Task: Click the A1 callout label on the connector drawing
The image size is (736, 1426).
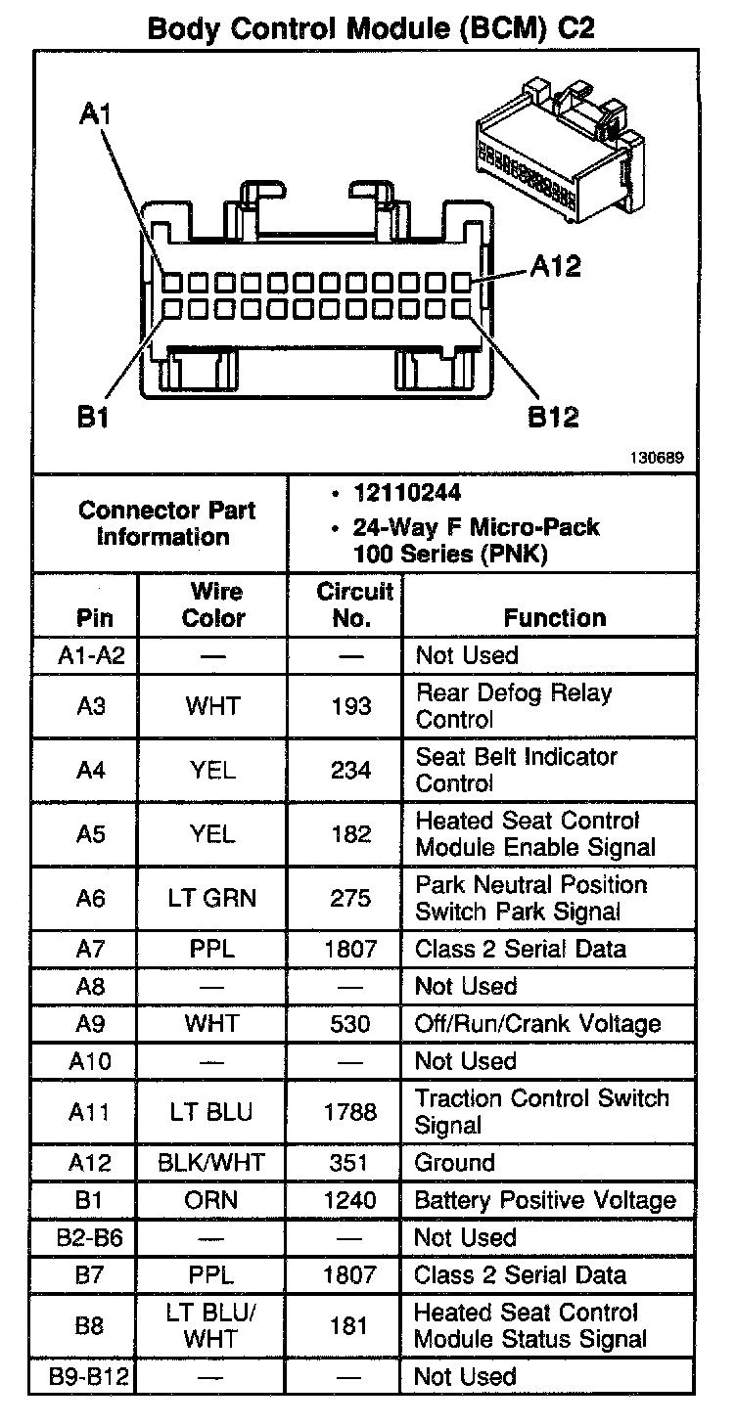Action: (x=95, y=114)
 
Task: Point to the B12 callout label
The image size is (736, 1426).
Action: (x=554, y=417)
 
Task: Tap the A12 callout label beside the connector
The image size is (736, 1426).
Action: (x=555, y=266)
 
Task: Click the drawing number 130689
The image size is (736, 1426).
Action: (x=657, y=456)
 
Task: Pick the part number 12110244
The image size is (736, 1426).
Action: (x=408, y=492)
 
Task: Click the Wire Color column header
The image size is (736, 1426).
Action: (x=214, y=604)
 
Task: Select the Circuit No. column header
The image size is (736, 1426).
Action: (x=353, y=604)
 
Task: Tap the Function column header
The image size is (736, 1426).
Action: (x=555, y=617)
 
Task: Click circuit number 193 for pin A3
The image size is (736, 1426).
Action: (x=351, y=706)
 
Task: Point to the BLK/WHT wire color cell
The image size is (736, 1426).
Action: (x=212, y=1163)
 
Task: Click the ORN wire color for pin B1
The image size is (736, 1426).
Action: (x=212, y=1200)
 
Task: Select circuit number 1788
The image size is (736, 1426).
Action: (x=350, y=1112)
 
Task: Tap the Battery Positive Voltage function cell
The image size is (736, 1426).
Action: (x=545, y=1200)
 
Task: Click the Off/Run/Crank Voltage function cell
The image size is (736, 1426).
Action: (x=538, y=1024)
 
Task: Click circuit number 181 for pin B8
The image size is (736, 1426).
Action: (x=350, y=1325)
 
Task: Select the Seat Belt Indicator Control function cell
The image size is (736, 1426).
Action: (x=517, y=770)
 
